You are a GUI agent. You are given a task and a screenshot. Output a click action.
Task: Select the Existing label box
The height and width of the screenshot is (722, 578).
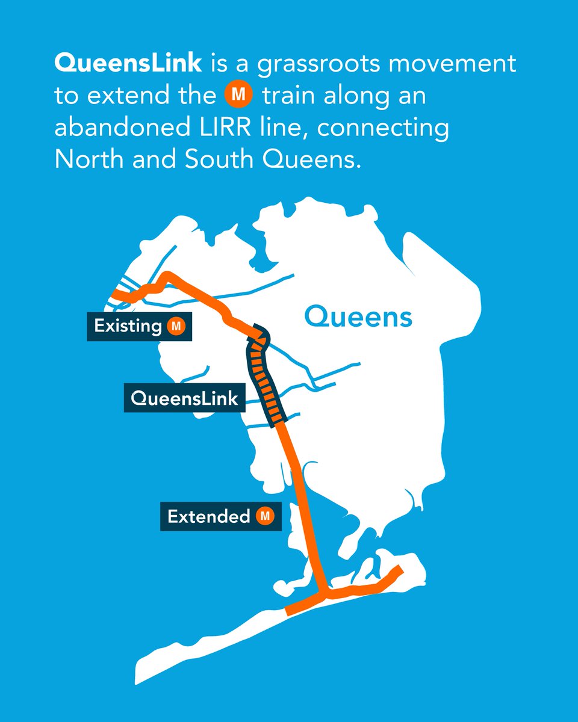click(x=139, y=327)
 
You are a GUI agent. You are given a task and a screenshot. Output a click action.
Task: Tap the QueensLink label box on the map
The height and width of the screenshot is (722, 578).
click(x=184, y=398)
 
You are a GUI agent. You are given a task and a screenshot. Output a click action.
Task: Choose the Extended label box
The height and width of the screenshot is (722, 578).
click(x=220, y=516)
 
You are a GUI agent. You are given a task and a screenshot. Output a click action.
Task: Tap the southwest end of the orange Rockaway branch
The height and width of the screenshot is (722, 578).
click(x=288, y=611)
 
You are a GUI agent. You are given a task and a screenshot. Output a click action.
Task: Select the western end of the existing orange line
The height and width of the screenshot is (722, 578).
click(x=116, y=294)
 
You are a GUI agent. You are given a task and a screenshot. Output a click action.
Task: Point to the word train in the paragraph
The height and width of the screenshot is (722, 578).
click(x=289, y=96)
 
